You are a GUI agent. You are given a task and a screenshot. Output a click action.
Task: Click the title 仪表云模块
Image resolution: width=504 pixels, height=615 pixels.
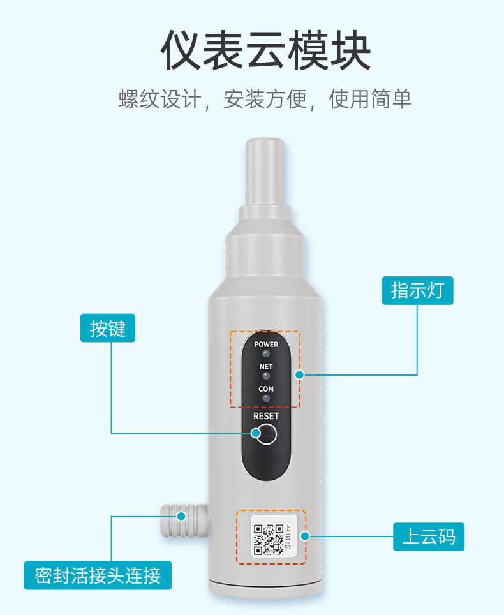coord(265,50)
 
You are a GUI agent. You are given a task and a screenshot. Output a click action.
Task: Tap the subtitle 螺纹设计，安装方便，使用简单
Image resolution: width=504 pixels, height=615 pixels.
coord(265,99)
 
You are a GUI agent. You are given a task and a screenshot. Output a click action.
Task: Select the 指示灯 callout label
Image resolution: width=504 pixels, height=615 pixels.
coord(418,291)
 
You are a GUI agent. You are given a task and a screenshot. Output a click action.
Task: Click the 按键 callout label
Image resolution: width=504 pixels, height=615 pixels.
coord(108,328)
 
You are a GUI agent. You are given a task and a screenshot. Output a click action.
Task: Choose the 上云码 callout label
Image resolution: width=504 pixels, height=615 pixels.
coord(429,537)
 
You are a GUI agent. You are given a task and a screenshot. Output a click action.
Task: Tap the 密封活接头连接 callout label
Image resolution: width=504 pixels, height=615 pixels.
coord(98,575)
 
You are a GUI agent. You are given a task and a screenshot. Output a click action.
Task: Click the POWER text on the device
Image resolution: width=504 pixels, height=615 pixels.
coord(266,344)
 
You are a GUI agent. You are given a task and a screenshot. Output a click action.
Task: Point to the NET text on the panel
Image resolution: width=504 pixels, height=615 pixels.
coord(266,366)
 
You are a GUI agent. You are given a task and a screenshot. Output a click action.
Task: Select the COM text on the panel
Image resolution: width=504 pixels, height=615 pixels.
coord(266,389)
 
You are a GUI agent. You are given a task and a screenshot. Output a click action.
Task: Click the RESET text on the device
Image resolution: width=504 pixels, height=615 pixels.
coord(266,416)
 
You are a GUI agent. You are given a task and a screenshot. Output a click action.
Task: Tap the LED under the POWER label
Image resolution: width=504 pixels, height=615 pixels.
coord(266,354)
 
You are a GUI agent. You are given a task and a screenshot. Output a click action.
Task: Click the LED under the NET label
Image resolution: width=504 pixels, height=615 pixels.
coord(266,376)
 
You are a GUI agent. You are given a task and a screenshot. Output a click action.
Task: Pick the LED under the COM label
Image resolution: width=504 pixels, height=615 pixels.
coord(266,398)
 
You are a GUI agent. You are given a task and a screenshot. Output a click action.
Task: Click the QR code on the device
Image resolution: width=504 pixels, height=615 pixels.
coord(269,540)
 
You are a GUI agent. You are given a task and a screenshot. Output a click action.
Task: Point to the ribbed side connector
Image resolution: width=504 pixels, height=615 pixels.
coord(184,521)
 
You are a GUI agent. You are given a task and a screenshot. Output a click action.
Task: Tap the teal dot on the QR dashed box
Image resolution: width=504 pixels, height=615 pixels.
coord(305,536)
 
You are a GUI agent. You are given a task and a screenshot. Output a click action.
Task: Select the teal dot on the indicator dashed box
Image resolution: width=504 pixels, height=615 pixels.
coord(300,375)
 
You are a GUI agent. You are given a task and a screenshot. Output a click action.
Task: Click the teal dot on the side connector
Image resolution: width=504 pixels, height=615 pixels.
coord(181,516)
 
